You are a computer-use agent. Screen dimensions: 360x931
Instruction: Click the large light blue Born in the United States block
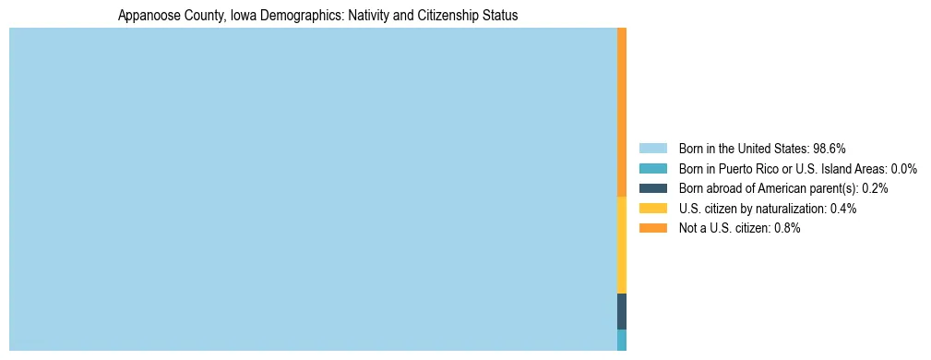point(313,189)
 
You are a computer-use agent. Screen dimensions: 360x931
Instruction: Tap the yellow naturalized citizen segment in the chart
point(622,246)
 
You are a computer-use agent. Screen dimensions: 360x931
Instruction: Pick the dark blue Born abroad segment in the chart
point(622,311)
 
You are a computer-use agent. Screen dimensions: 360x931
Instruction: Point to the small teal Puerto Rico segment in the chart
point(622,340)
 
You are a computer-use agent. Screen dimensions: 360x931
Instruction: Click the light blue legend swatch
point(652,149)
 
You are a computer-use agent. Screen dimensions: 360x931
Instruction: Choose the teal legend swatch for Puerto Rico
point(652,169)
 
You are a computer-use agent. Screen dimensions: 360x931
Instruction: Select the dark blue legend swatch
point(652,188)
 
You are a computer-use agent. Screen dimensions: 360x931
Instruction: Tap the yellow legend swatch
point(652,209)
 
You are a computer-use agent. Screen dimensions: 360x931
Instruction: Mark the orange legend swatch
point(652,229)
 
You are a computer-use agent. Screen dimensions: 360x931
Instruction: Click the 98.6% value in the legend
point(830,149)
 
